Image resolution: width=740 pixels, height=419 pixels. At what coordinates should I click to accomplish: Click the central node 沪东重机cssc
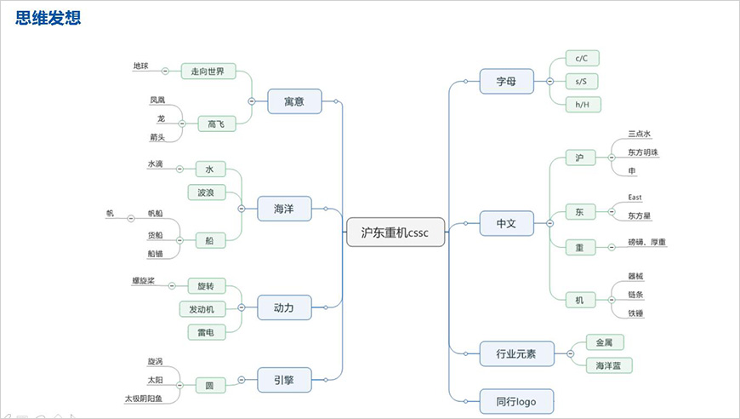point(396,232)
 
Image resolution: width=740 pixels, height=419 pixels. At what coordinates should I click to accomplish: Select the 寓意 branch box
point(294,102)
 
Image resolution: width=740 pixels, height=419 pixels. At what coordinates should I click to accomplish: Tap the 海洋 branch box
point(284,209)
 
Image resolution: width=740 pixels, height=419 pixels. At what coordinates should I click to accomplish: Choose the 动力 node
point(284,307)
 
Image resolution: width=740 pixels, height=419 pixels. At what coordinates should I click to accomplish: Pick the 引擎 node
point(283,380)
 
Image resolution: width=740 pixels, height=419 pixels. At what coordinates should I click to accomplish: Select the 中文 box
point(506,224)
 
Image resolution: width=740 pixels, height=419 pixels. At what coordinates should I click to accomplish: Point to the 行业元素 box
point(515,353)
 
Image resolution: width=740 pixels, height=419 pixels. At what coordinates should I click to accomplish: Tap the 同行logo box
point(516,400)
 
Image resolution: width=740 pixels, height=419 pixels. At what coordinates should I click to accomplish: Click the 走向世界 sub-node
point(208,72)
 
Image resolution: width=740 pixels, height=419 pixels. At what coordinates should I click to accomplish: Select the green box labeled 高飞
point(216,124)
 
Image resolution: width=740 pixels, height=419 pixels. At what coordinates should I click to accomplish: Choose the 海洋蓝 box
point(609,365)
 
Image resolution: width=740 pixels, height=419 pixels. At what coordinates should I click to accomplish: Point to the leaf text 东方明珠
point(642,152)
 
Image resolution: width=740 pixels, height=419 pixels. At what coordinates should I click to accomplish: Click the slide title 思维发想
point(48,16)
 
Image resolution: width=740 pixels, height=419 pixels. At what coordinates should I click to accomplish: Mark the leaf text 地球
point(140,66)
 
